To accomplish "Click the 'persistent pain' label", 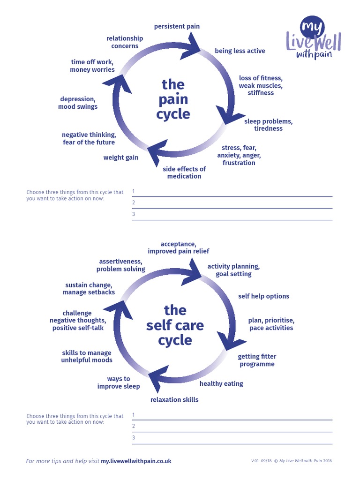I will tap(177, 26).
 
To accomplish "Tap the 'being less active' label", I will tap(240, 51).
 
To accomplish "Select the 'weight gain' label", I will tap(121, 157).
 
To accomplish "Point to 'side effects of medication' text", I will tap(184, 172).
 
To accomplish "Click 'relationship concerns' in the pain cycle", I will tap(125, 42).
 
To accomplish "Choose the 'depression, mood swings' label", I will tap(78, 103).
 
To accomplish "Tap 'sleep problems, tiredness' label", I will tap(268, 125).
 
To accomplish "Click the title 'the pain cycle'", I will tap(173, 99).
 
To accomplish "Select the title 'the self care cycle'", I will tap(175, 325).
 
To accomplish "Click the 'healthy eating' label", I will tap(221, 383).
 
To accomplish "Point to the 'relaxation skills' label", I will tap(174, 399).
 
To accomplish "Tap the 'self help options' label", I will tap(263, 296).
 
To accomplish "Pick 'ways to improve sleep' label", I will tap(119, 382).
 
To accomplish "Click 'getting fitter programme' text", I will tap(257, 360).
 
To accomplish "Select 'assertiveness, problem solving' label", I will tap(121, 265).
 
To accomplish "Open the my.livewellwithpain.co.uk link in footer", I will tap(136, 461).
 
